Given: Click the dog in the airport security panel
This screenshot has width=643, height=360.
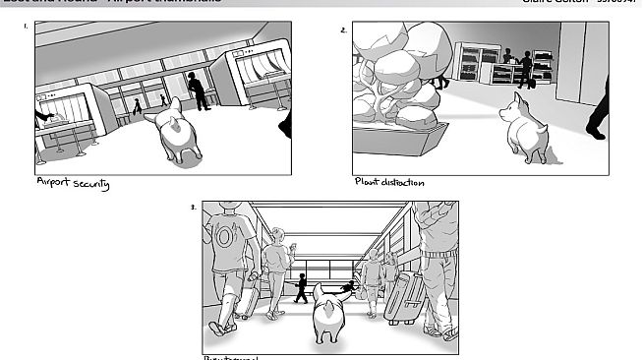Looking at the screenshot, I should (x=175, y=133).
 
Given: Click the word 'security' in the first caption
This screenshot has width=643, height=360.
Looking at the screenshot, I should (x=88, y=184).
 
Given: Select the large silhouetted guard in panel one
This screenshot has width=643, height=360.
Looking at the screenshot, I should (x=199, y=90).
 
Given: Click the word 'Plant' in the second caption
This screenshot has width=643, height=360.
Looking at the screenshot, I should (x=366, y=182).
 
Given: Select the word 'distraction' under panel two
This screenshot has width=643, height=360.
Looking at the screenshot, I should (x=403, y=182).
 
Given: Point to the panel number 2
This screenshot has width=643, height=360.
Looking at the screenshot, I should (x=343, y=30).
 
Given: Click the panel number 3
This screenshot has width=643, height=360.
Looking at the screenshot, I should (x=193, y=207).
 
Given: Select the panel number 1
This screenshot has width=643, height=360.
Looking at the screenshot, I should (x=26, y=28).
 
